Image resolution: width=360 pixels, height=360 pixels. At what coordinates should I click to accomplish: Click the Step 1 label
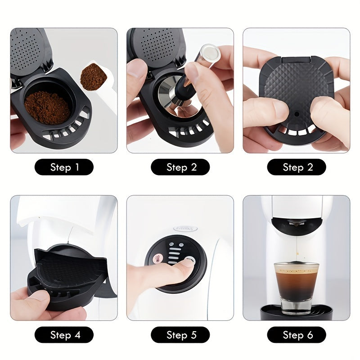pyautogui.click(x=64, y=167)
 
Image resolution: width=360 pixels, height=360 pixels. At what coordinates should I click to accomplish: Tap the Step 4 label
pyautogui.click(x=64, y=335)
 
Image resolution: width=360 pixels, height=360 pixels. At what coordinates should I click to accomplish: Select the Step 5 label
pyautogui.click(x=180, y=335)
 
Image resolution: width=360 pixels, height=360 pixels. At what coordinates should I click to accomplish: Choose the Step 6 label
pyautogui.click(x=297, y=335)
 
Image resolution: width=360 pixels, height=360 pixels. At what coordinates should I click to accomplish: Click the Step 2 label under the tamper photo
pyautogui.click(x=180, y=167)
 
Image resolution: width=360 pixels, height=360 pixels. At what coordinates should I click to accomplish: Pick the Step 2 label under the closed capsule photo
pyautogui.click(x=297, y=167)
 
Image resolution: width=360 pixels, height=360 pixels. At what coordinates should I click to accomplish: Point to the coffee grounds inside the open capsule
pyautogui.click(x=46, y=107)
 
